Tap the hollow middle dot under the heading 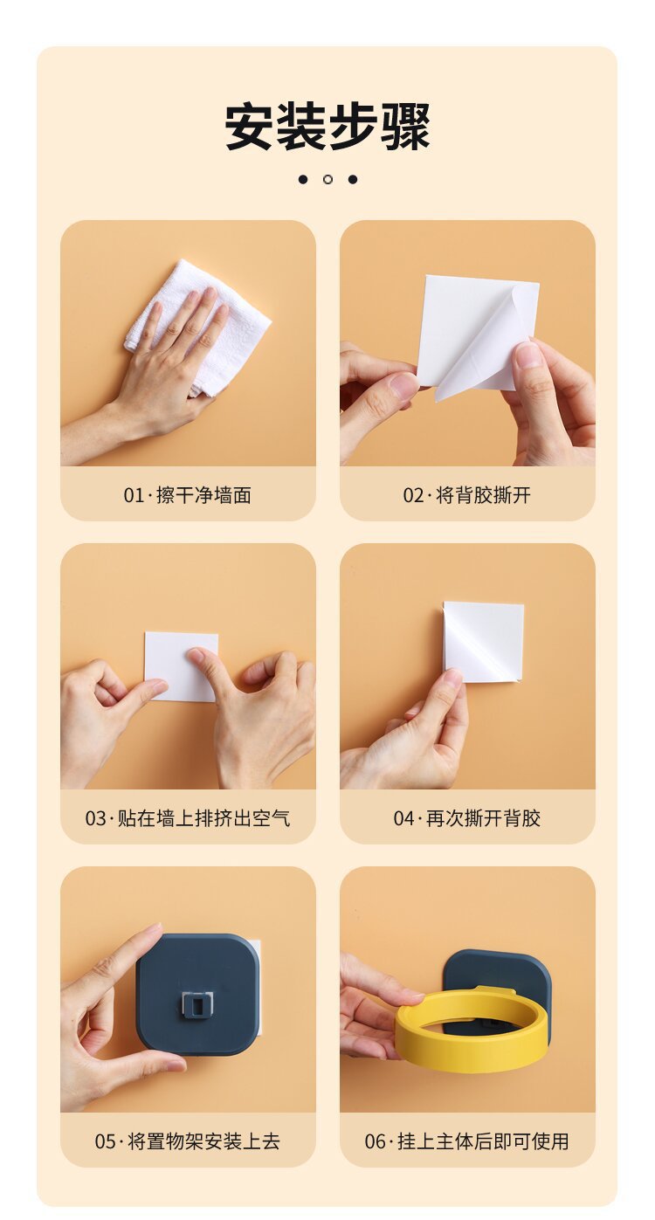pyautogui.click(x=327, y=179)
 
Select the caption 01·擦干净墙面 pyautogui.click(x=187, y=495)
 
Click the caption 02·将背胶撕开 pyautogui.click(x=466, y=495)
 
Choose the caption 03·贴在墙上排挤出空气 pyautogui.click(x=187, y=818)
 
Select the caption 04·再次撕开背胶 pyautogui.click(x=466, y=818)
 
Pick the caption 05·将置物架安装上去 pyautogui.click(x=187, y=1141)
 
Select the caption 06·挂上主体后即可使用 pyautogui.click(x=466, y=1141)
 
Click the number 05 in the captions pyautogui.click(x=105, y=1141)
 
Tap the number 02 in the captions pyautogui.click(x=413, y=496)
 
